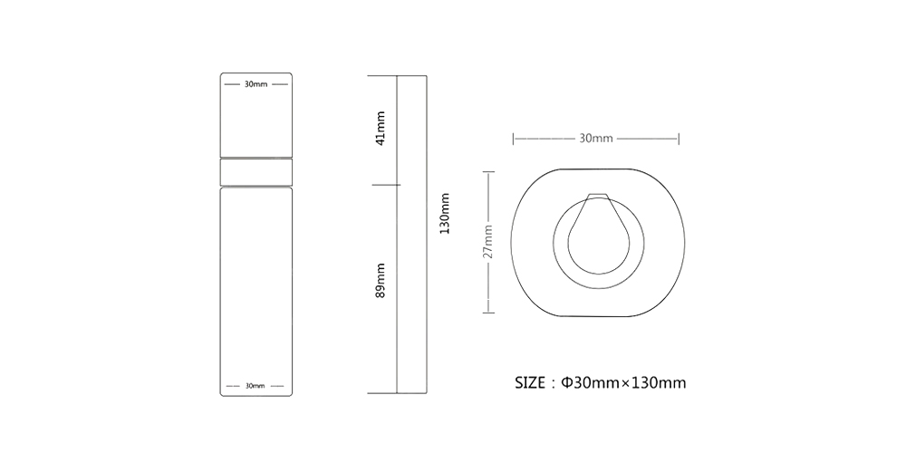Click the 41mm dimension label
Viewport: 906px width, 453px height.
(381, 129)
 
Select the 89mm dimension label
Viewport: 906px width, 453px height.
(381, 281)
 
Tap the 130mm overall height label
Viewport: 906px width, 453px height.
(444, 213)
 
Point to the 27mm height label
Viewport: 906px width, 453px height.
(489, 242)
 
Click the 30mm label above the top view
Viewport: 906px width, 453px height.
(596, 139)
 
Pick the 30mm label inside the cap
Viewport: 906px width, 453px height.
(256, 84)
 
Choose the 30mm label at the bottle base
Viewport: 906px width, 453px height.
(255, 386)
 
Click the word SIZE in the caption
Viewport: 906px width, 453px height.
(530, 382)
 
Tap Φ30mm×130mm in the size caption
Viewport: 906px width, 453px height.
(624, 382)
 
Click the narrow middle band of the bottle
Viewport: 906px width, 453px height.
(256, 172)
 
